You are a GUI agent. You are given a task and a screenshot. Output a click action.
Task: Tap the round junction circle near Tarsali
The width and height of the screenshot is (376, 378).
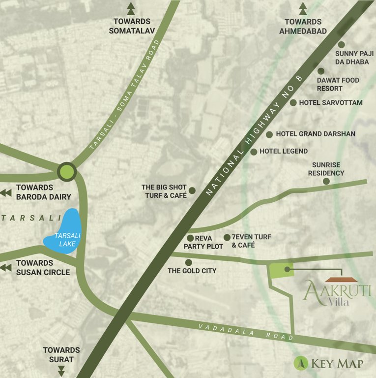tap(66, 172)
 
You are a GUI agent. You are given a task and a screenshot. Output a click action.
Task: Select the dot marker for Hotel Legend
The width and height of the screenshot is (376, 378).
tap(254, 152)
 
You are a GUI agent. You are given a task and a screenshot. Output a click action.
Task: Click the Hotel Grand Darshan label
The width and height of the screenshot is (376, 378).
tap(316, 134)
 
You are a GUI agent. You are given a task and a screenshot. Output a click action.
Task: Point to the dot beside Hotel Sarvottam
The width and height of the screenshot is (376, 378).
tap(293, 103)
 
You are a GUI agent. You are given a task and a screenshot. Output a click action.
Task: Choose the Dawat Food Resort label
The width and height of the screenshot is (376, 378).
tap(338, 84)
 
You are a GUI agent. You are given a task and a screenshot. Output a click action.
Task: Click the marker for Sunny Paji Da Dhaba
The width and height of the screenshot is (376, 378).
tap(342, 45)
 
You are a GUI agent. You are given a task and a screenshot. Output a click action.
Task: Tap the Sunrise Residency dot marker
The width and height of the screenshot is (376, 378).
tap(326, 182)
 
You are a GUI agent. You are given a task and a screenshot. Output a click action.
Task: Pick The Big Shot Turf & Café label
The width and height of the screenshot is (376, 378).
tap(164, 191)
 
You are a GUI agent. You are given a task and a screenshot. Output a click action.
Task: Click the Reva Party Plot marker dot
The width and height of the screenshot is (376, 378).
tap(190, 238)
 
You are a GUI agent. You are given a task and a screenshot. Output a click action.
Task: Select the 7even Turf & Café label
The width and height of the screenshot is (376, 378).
tap(251, 241)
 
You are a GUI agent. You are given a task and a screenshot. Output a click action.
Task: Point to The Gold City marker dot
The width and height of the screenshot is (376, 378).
tap(189, 262)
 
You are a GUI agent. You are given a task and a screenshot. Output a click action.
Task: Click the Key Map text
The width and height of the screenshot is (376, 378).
tap(337, 364)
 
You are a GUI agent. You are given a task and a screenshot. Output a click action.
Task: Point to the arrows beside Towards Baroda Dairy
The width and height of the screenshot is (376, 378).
tap(6, 192)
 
